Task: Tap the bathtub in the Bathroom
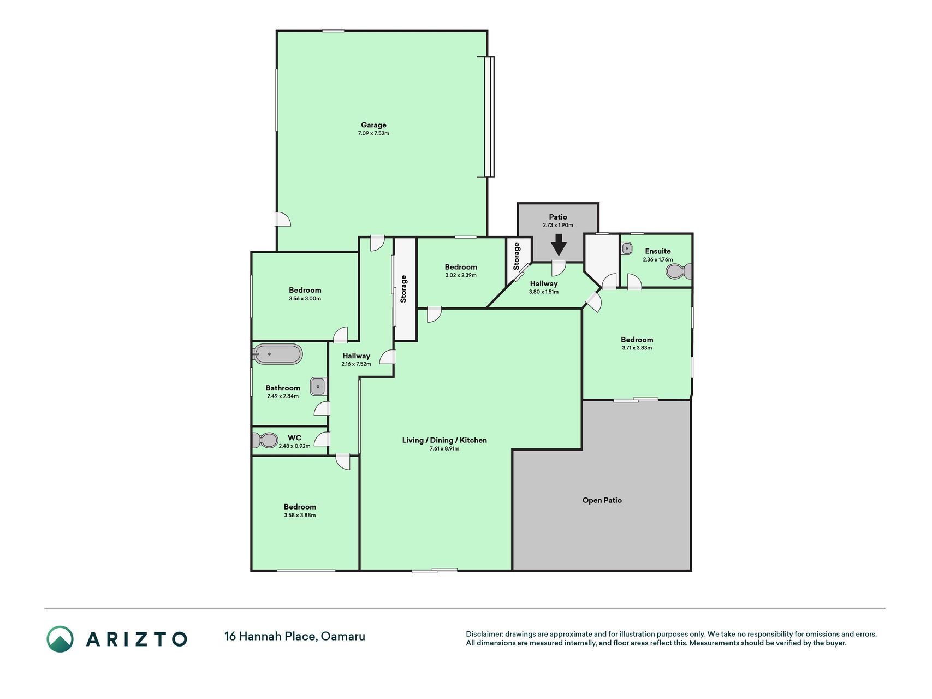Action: coord(277,354)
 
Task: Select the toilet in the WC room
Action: coord(265,440)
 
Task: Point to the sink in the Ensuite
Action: coord(626,248)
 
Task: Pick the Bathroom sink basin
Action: coord(318,387)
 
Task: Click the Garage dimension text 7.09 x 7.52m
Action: coord(373,133)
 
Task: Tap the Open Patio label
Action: coord(602,500)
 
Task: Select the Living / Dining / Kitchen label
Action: coord(444,440)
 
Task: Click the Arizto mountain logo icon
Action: coord(60,639)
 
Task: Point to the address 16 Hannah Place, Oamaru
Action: coord(295,636)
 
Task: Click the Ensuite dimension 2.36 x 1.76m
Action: coord(657,260)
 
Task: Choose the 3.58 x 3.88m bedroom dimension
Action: coord(300,515)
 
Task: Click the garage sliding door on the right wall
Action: coord(489,117)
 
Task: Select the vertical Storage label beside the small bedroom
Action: coord(403,289)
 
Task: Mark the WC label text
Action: coord(294,438)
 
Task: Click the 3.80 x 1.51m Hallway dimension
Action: coord(544,292)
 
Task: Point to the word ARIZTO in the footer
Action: coord(136,639)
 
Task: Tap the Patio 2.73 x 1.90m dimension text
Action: coord(558,225)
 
